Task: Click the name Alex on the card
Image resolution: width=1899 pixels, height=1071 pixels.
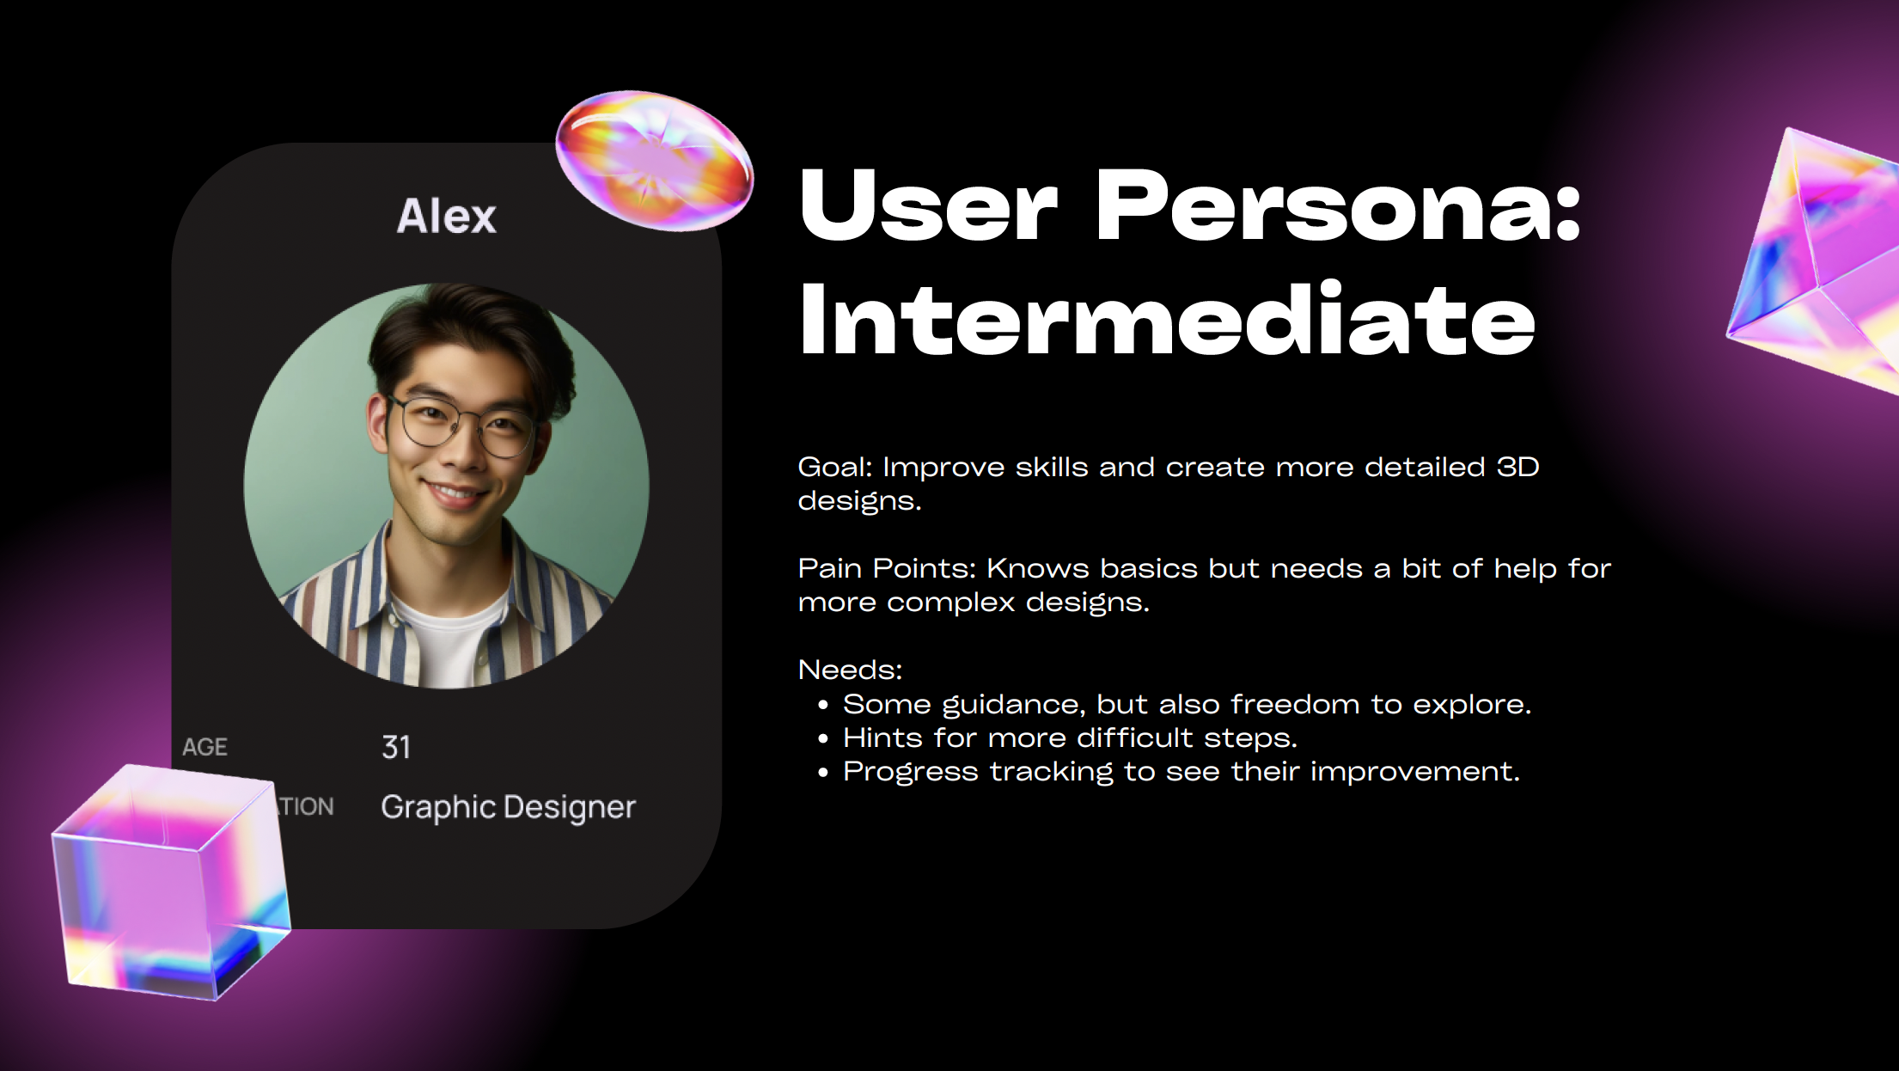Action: click(446, 216)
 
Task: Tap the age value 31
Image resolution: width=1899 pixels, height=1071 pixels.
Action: click(396, 747)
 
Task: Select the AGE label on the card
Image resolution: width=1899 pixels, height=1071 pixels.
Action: click(205, 747)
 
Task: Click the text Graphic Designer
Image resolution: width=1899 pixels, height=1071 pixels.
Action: click(508, 807)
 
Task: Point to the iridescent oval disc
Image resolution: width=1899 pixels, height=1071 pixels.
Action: click(655, 161)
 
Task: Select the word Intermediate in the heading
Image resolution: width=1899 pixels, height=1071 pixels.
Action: click(1166, 320)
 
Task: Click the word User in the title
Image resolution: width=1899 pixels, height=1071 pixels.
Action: click(928, 206)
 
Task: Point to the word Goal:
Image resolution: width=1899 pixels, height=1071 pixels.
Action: click(834, 468)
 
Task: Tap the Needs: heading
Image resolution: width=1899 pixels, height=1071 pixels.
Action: click(850, 670)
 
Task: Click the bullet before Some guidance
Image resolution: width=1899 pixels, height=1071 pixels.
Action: click(823, 706)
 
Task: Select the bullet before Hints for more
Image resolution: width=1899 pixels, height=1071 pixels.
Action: click(823, 739)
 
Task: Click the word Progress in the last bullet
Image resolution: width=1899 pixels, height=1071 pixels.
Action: click(910, 772)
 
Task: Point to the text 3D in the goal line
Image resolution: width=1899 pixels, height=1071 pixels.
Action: click(1517, 468)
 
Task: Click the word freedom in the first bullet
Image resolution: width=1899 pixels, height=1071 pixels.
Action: click(1295, 705)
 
